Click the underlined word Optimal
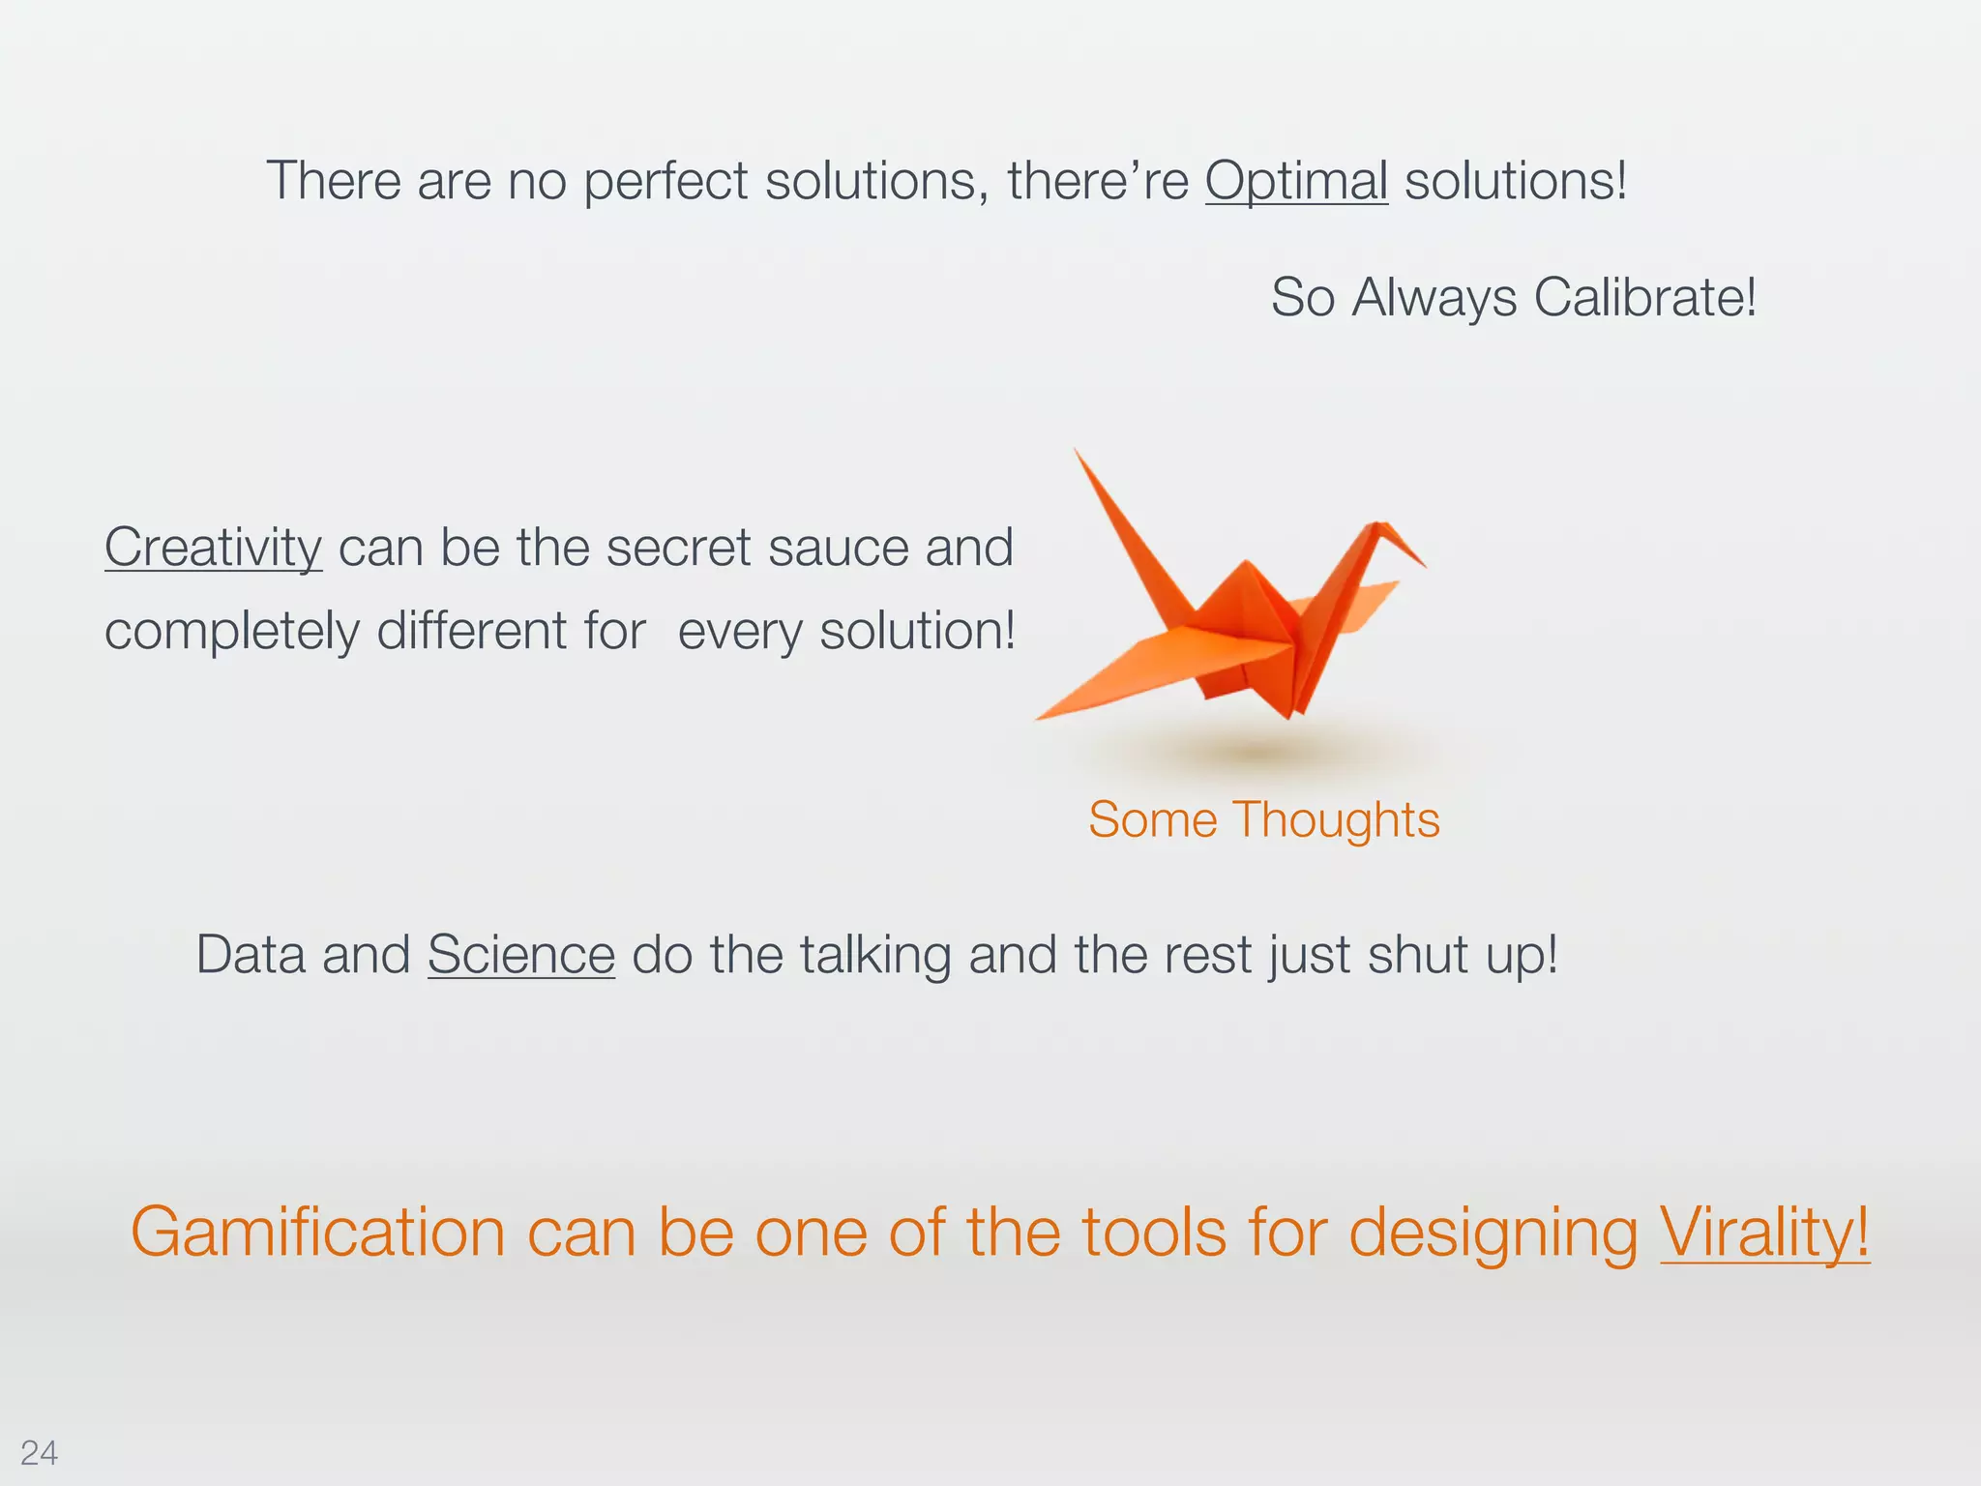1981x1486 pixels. tap(1296, 181)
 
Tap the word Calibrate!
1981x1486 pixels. tap(1644, 297)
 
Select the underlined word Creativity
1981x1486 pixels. tap(213, 548)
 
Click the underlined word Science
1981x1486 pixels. tap(520, 955)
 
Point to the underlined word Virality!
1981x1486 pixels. tap(1764, 1233)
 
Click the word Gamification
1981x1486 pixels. tap(317, 1233)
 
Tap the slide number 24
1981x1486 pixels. tap(39, 1453)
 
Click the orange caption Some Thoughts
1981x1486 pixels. tap(1263, 819)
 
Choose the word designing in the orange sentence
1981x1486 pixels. tap(1493, 1233)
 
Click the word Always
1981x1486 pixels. tap(1434, 297)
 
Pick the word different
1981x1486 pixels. tap(471, 631)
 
